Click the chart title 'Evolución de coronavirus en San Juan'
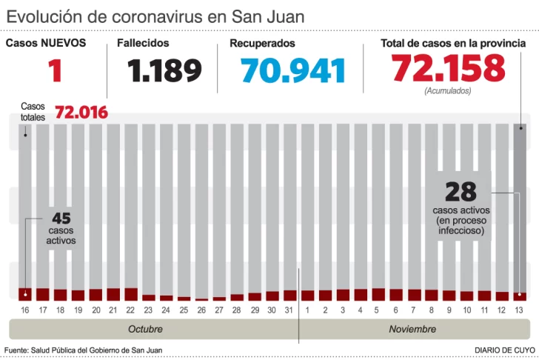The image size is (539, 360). [x=155, y=16]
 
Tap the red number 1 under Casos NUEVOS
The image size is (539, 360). [x=54, y=71]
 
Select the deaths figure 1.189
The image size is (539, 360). [x=164, y=71]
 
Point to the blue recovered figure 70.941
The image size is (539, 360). [x=294, y=71]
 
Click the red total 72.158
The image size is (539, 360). [x=449, y=69]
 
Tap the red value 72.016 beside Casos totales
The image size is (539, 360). [x=81, y=112]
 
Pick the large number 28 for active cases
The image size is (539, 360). [x=460, y=193]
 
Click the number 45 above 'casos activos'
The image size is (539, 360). [x=61, y=219]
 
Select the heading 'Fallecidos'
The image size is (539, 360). [x=143, y=44]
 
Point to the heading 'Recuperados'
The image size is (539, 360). [x=262, y=44]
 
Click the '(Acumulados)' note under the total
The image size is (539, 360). [x=448, y=91]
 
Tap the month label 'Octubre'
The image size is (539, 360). [x=145, y=329]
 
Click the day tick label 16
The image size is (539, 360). [x=25, y=308]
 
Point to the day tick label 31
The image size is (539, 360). [x=289, y=308]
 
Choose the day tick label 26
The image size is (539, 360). [x=201, y=308]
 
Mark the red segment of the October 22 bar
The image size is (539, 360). [x=131, y=294]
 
